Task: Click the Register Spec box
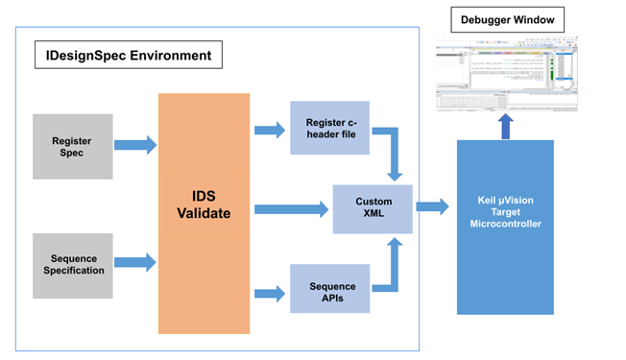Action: point(72,146)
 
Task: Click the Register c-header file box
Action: point(329,129)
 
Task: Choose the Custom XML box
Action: point(373,206)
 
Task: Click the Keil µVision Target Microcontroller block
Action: point(505,227)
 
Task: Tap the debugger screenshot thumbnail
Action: point(506,76)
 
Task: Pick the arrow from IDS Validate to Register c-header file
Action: point(269,129)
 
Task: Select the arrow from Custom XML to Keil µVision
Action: point(433,206)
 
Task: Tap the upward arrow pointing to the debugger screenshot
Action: point(505,126)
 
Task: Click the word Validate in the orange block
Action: point(205,213)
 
